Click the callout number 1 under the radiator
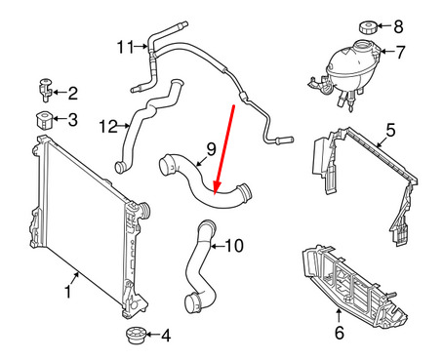[69, 292]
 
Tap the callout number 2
[73, 94]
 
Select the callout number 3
[73, 120]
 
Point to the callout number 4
[165, 337]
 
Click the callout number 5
[389, 130]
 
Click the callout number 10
[232, 245]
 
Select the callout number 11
[124, 46]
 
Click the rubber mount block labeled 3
[44, 120]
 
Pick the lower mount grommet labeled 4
[133, 337]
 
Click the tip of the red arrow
[215, 191]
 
